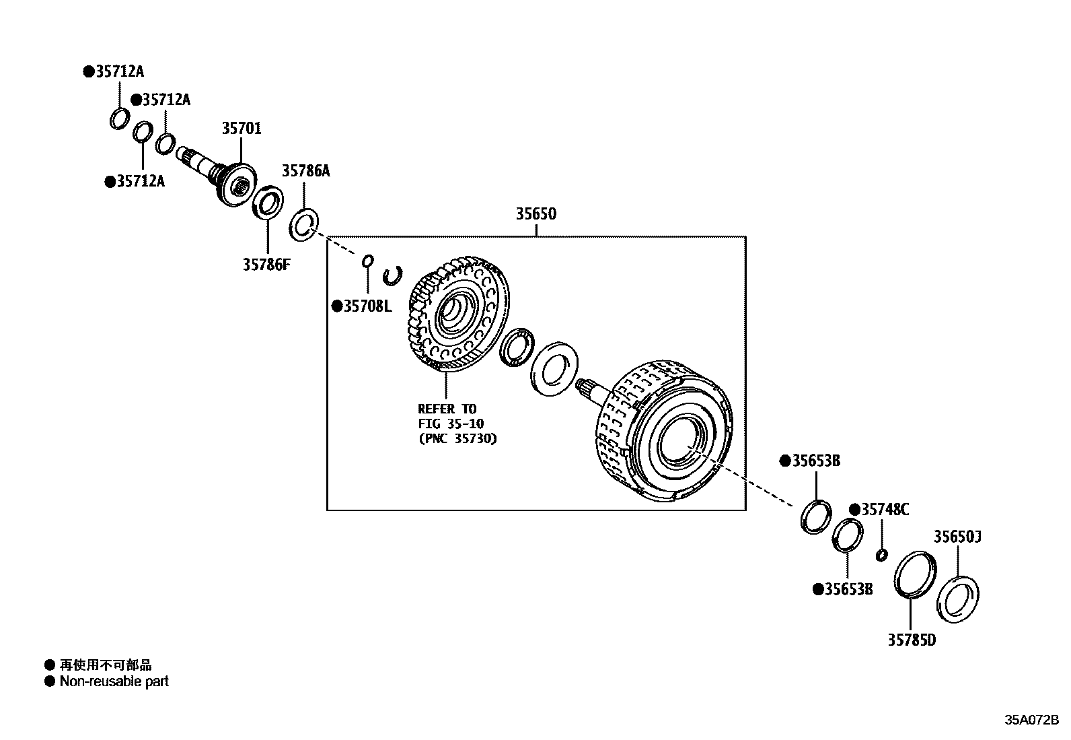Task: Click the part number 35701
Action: click(242, 128)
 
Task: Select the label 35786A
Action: click(305, 171)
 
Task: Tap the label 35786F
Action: click(266, 265)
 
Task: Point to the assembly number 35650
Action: click(535, 214)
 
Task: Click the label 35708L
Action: click(366, 306)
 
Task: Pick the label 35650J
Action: click(957, 537)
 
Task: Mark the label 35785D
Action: click(911, 640)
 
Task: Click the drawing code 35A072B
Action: click(1031, 720)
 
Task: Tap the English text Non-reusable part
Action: click(114, 681)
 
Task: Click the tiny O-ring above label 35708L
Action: click(367, 261)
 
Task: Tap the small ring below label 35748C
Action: click(881, 555)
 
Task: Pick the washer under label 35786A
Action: click(304, 225)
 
